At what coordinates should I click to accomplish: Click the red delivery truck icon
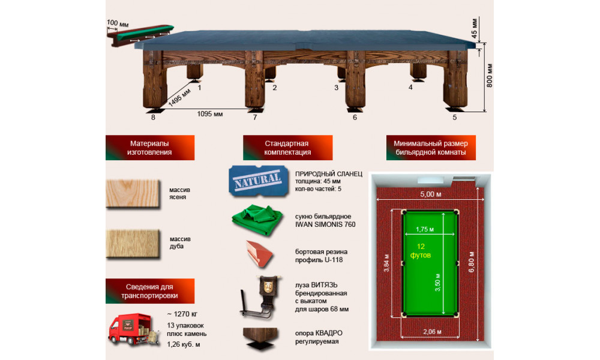[x=133, y=329]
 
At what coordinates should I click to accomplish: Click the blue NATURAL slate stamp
[x=258, y=181]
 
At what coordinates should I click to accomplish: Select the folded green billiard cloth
[x=257, y=220]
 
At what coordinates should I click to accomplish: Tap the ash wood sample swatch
[x=133, y=194]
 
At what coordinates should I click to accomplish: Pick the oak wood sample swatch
[x=133, y=244]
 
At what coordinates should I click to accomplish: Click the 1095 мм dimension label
[x=209, y=114]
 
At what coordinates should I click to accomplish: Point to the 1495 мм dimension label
[x=179, y=98]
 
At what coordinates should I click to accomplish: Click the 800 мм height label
[x=490, y=76]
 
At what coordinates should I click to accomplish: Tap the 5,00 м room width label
[x=430, y=194]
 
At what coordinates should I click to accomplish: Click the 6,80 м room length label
[x=472, y=262]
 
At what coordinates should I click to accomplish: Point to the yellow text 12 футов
[x=421, y=251]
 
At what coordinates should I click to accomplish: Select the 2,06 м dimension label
[x=433, y=332]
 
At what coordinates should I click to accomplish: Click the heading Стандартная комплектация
[x=287, y=148]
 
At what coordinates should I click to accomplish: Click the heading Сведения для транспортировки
[x=149, y=291]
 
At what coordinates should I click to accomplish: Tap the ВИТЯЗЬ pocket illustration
[x=260, y=297]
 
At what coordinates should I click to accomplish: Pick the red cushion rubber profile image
[x=259, y=253]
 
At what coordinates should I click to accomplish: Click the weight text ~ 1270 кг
[x=182, y=314]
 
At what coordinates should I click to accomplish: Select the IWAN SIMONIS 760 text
[x=325, y=224]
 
